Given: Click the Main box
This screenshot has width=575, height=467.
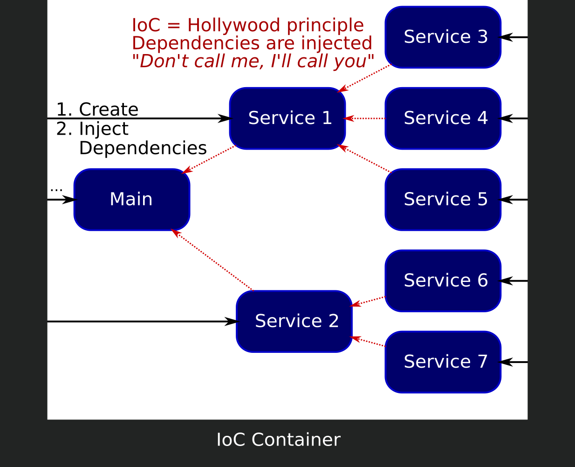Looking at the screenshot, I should click(132, 199).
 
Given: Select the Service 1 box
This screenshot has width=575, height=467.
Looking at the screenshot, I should click(287, 118).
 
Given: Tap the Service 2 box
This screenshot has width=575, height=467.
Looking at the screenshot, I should click(294, 322).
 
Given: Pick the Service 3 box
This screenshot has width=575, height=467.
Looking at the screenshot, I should click(443, 37).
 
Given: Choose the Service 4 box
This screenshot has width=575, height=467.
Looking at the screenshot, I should click(443, 118).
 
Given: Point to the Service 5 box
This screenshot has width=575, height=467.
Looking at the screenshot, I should click(443, 199).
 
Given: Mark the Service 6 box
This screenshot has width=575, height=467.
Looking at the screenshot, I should click(443, 281).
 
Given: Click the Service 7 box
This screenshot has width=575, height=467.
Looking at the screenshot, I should click(443, 362).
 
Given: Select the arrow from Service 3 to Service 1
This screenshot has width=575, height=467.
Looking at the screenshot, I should click(365, 78).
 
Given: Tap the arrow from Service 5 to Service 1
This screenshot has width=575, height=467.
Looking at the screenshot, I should click(365, 159).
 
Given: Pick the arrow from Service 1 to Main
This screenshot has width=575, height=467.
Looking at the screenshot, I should click(209, 159).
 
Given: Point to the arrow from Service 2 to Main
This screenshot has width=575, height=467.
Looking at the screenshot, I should click(212, 260).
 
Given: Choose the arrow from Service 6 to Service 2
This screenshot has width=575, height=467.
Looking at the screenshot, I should click(368, 301).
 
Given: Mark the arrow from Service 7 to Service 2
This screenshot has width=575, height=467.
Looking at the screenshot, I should click(368, 342).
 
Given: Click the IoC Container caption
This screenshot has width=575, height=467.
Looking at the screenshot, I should click(279, 440).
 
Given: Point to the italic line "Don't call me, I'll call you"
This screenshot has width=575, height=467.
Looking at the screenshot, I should click(253, 62).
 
